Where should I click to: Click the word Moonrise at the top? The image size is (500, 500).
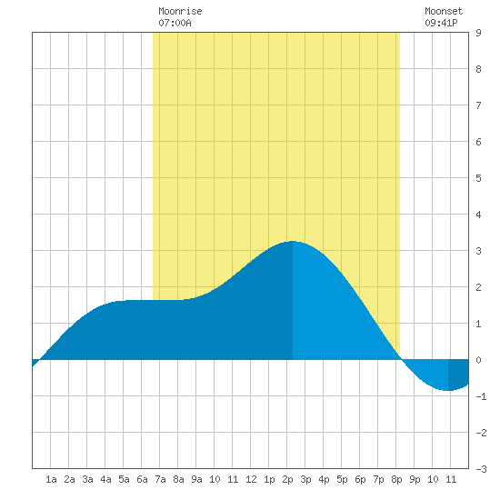pos(180,11)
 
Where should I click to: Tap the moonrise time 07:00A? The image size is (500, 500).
pos(175,23)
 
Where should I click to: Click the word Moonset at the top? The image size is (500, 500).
pos(444,11)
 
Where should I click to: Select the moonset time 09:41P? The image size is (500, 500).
pos(441,23)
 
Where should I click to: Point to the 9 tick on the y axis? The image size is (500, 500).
pos(478,33)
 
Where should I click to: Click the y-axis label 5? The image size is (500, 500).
pos(478,178)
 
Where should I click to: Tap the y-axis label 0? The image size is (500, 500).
pos(478,360)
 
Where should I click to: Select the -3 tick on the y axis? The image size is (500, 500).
pos(481,469)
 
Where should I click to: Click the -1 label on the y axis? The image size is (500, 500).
pos(481,396)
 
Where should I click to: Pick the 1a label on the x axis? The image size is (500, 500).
pos(51,479)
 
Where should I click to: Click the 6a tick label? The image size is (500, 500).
pos(142,479)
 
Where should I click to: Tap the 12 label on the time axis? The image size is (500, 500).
pos(251,479)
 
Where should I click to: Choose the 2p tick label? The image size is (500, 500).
pos(287,479)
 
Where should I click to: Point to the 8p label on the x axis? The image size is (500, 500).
pos(396,479)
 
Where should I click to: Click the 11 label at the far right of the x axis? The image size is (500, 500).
pos(451,479)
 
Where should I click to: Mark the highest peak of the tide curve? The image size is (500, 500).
pos(293,242)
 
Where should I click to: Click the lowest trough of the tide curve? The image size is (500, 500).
pos(448,390)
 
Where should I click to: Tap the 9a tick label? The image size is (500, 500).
pos(196,479)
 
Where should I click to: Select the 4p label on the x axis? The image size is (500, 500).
pos(324,479)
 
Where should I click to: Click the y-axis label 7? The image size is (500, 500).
pos(478,105)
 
